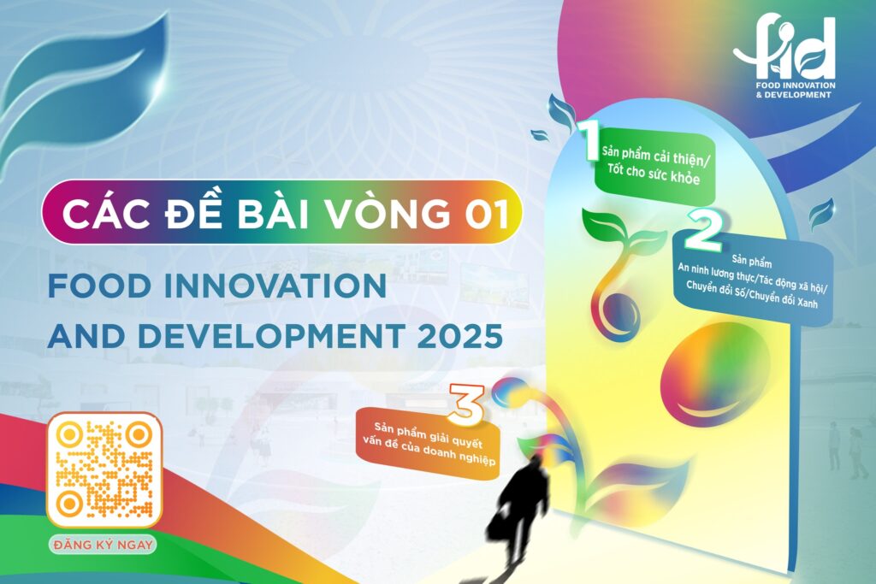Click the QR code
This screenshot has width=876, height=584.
click(x=104, y=469)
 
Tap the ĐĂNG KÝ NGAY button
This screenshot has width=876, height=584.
click(x=103, y=545)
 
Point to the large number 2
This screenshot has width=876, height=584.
click(x=704, y=229)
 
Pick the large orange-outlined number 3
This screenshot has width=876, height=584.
click(x=466, y=403)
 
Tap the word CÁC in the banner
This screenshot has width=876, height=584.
click(x=106, y=213)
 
